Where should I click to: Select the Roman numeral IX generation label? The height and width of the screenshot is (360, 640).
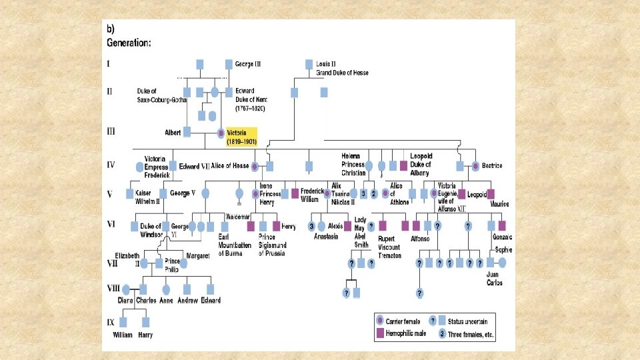[x=111, y=323]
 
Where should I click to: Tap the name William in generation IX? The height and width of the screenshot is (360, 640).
[x=122, y=335]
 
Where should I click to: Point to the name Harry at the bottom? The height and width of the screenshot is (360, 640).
[x=145, y=335]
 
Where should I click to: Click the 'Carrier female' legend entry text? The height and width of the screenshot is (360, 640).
[x=408, y=320]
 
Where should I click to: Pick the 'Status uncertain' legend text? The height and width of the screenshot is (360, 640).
[x=471, y=320]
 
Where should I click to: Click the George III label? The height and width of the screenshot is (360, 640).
[x=248, y=64]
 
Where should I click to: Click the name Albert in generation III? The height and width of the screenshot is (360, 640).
[x=173, y=133]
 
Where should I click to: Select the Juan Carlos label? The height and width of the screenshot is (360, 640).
[x=494, y=279]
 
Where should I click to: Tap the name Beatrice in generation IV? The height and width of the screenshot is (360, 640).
[x=491, y=165]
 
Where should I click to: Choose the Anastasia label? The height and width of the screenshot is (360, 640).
[x=326, y=236]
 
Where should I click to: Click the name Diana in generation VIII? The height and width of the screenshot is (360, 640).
[x=125, y=301]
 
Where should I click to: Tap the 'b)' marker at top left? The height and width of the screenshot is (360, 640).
[x=111, y=29]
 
